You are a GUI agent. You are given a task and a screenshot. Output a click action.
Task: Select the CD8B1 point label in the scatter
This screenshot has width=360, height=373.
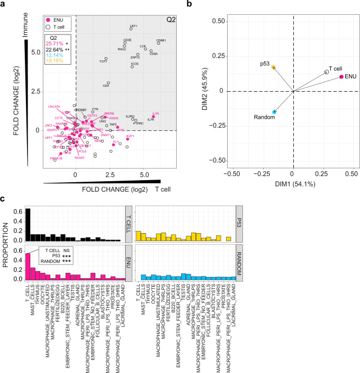pos(161,39)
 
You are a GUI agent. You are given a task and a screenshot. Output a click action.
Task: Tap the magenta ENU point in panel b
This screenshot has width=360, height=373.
pos(341,77)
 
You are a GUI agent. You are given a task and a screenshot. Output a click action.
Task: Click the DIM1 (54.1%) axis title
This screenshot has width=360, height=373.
pos(293,184)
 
